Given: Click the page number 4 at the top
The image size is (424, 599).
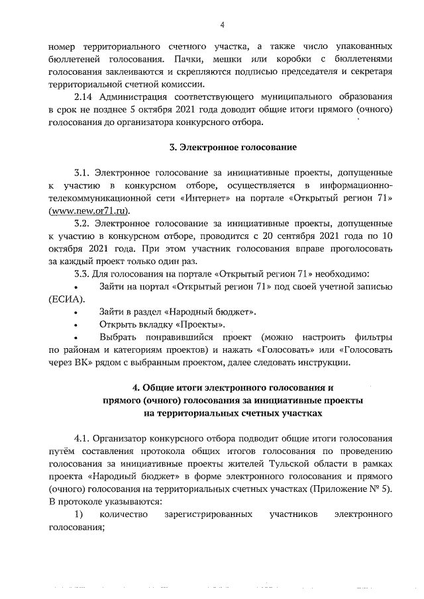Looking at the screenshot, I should click(223, 24).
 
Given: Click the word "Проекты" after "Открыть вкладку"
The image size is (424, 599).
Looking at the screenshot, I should click(201, 324).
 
